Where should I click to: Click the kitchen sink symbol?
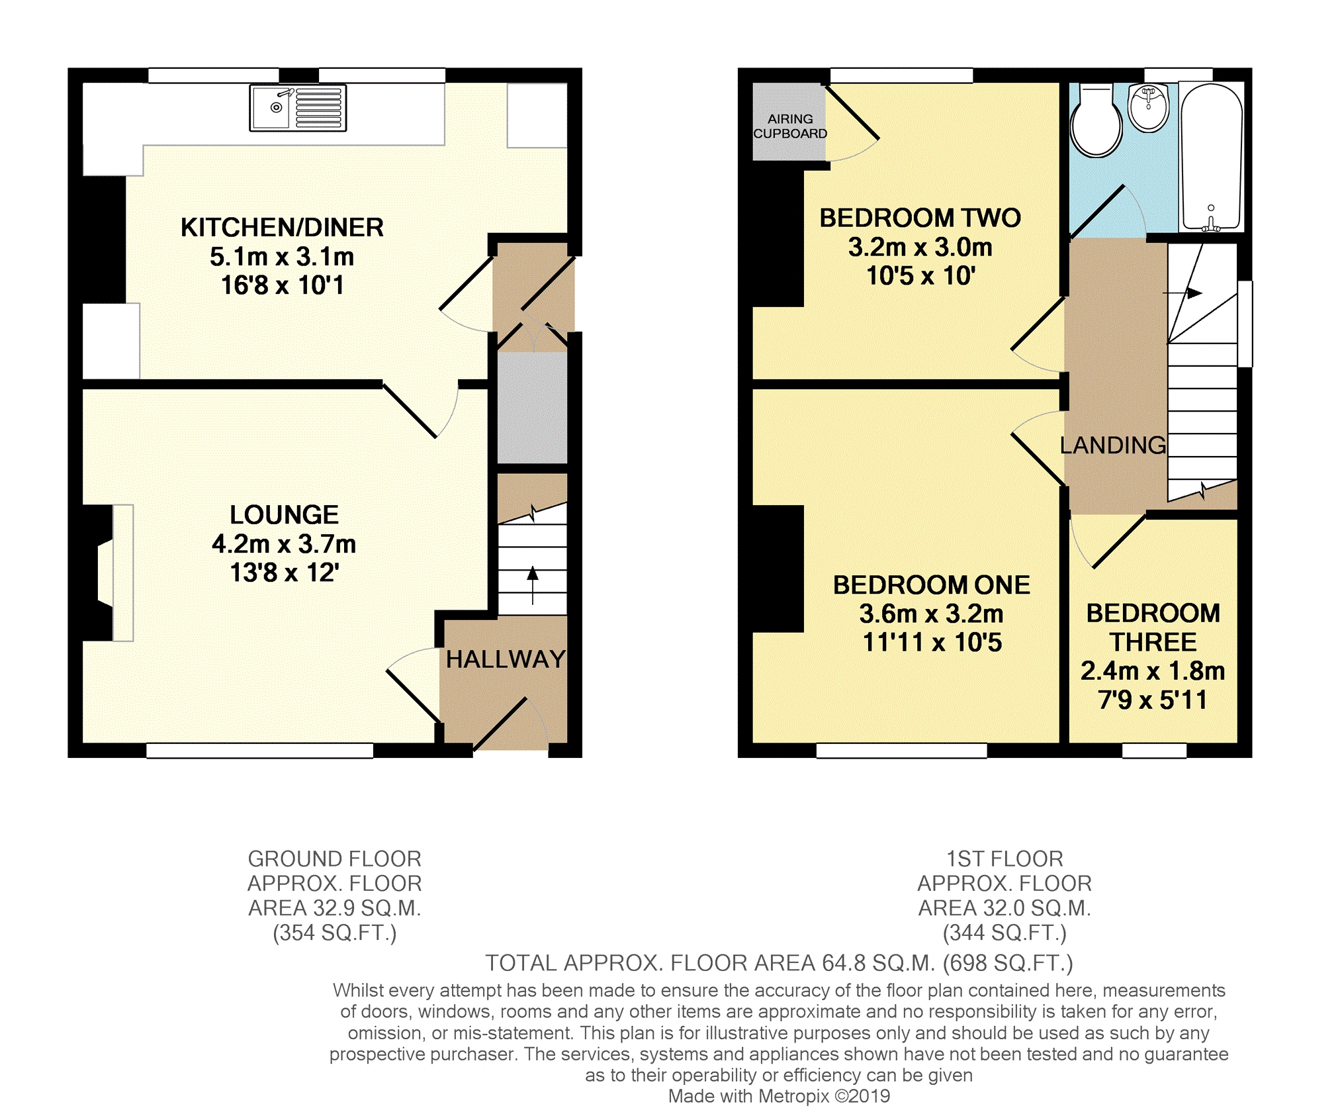click(298, 108)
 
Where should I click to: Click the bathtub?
click(1211, 158)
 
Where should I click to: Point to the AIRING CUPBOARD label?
click(790, 126)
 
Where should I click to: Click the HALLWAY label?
click(506, 659)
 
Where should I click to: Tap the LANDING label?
click(1113, 445)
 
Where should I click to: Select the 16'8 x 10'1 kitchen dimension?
click(283, 285)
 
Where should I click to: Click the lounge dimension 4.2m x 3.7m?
click(284, 544)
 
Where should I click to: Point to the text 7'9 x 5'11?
click(1153, 700)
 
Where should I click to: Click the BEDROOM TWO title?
click(920, 218)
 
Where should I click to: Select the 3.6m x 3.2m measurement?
click(931, 614)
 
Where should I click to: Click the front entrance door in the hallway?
click(500, 723)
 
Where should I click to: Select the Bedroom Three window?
click(1154, 750)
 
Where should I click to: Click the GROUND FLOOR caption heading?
click(334, 859)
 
